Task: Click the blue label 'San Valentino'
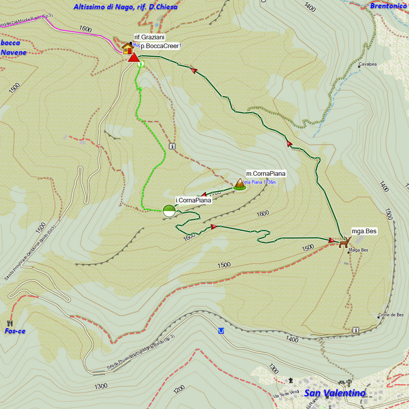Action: (335, 393)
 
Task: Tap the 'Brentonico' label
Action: (388, 6)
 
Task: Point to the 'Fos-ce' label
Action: (15, 331)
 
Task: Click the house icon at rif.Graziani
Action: (127, 48)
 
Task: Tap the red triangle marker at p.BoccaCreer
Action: (133, 57)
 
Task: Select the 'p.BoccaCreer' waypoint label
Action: (160, 46)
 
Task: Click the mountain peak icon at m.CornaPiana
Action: (239, 185)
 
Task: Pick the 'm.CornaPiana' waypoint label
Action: (265, 173)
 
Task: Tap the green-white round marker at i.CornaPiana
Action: (169, 211)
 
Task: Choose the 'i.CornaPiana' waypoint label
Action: (193, 200)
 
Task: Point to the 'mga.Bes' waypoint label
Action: (364, 231)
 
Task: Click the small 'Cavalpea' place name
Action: (368, 65)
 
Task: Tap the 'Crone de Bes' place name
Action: (392, 315)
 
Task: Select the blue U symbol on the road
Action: (221, 331)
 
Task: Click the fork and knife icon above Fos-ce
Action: (10, 323)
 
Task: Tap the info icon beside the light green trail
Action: (172, 146)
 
